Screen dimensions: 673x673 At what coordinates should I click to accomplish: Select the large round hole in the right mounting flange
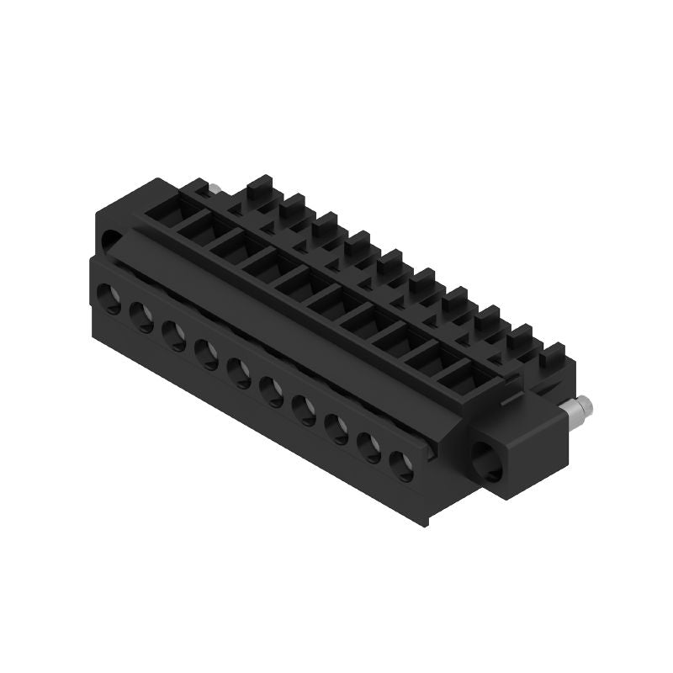pos(489,460)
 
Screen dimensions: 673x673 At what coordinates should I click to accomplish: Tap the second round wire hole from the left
pos(141,315)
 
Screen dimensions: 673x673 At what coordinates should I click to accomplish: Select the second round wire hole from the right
pos(371,446)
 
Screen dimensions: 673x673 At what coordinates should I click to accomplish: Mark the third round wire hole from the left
pos(173,334)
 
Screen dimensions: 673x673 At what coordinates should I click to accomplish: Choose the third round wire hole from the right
pos(338,427)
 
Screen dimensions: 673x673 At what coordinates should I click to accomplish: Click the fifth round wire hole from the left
pos(239,371)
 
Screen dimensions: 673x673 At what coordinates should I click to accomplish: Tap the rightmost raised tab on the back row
pos(553,354)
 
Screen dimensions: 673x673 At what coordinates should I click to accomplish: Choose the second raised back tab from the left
pos(294,204)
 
